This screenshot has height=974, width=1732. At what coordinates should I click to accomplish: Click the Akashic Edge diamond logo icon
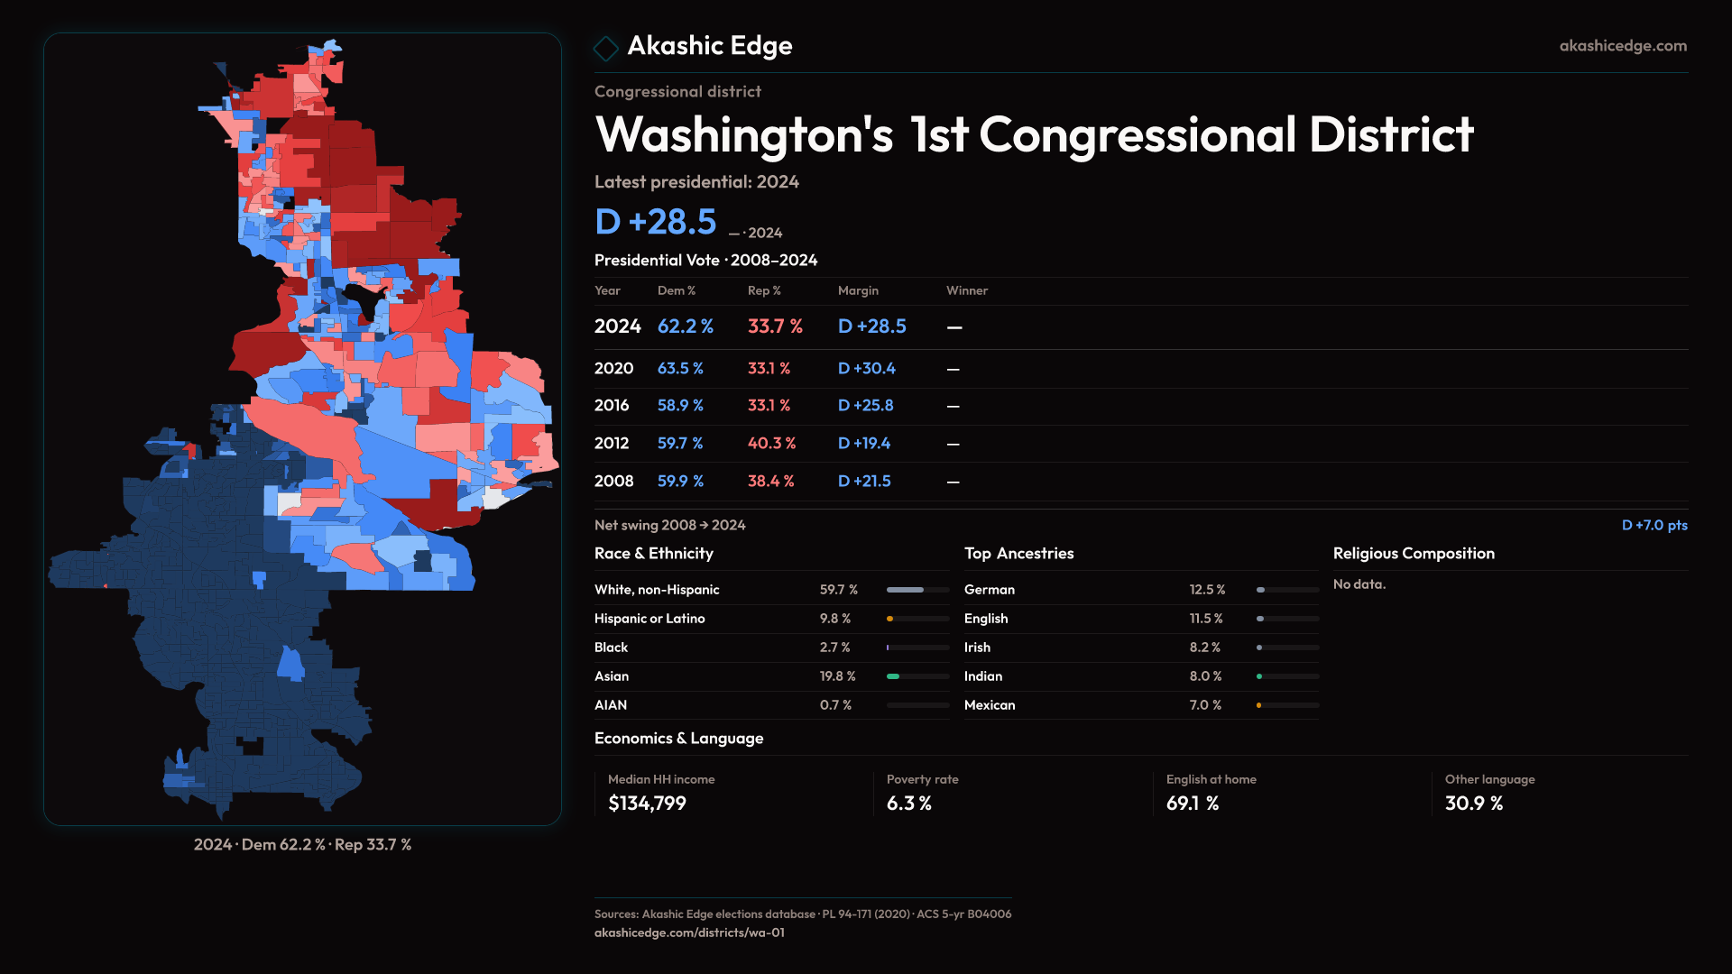(x=606, y=48)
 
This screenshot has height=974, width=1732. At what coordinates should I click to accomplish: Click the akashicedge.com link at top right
(x=1622, y=46)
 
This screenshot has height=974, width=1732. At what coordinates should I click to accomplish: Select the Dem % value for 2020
(x=680, y=368)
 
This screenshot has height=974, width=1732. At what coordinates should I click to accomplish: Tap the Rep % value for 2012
(x=771, y=443)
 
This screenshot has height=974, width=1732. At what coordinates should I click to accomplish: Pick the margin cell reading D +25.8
(x=865, y=406)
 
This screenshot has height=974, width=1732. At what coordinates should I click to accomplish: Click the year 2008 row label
(x=613, y=481)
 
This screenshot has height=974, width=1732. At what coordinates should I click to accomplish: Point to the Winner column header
(x=966, y=290)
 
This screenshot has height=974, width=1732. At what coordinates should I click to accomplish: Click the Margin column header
(x=857, y=290)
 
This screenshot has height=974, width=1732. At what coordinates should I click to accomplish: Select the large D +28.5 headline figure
(x=656, y=222)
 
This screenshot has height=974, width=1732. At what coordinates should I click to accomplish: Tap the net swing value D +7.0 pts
(x=1654, y=525)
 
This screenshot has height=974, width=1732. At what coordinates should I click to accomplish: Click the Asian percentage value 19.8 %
(x=837, y=676)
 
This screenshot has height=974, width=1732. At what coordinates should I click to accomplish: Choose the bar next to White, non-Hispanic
(x=917, y=590)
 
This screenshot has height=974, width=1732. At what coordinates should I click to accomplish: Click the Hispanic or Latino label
(x=649, y=619)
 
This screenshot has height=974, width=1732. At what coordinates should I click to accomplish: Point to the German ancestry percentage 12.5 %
(x=1207, y=590)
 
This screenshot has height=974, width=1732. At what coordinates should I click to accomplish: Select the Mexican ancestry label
(x=989, y=705)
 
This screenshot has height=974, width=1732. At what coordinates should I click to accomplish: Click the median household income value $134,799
(x=647, y=803)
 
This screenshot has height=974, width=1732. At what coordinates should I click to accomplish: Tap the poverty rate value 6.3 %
(x=908, y=803)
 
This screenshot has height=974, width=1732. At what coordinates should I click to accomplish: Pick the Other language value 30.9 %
(x=1473, y=803)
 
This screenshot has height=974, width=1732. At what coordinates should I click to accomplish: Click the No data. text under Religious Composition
(x=1359, y=584)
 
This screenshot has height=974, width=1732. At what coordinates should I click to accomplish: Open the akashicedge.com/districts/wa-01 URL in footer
(x=689, y=933)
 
